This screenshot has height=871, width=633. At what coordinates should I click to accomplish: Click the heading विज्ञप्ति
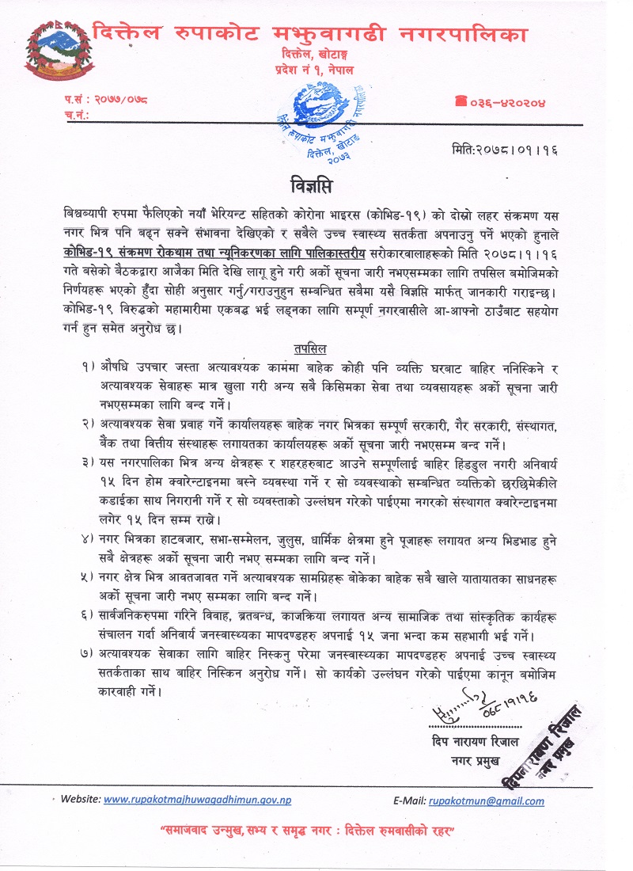[316, 188]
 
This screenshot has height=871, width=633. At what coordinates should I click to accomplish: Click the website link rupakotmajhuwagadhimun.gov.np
[198, 800]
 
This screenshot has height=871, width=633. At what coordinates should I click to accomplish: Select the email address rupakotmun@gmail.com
[487, 801]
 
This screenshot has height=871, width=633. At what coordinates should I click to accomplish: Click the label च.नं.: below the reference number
[77, 116]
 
